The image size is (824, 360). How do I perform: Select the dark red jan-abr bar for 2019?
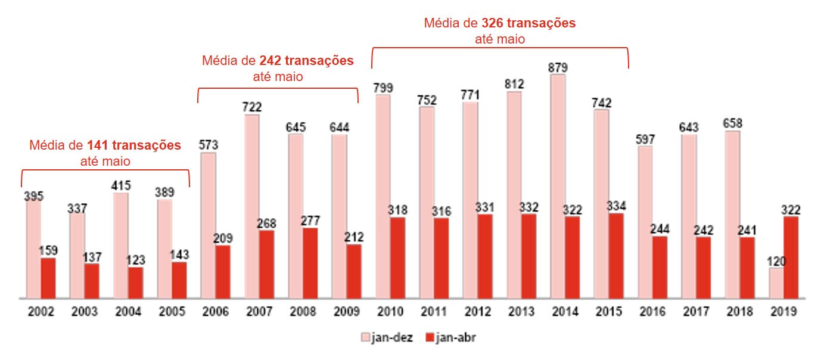click(x=791, y=257)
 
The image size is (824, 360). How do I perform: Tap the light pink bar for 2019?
click(x=776, y=283)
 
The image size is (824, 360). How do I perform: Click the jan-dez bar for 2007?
click(x=251, y=206)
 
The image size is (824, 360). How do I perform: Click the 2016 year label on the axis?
click(x=652, y=312)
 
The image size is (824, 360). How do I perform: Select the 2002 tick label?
click(x=41, y=312)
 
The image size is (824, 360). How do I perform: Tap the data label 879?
click(x=558, y=66)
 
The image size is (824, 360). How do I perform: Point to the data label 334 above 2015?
click(x=616, y=206)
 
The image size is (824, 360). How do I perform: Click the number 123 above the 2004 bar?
click(x=135, y=260)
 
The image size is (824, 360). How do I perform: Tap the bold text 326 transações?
click(x=528, y=23)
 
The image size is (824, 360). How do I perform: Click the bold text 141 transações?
click(x=134, y=145)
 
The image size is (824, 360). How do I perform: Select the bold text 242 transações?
click(x=306, y=61)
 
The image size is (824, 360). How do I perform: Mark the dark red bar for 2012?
click(x=485, y=256)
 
